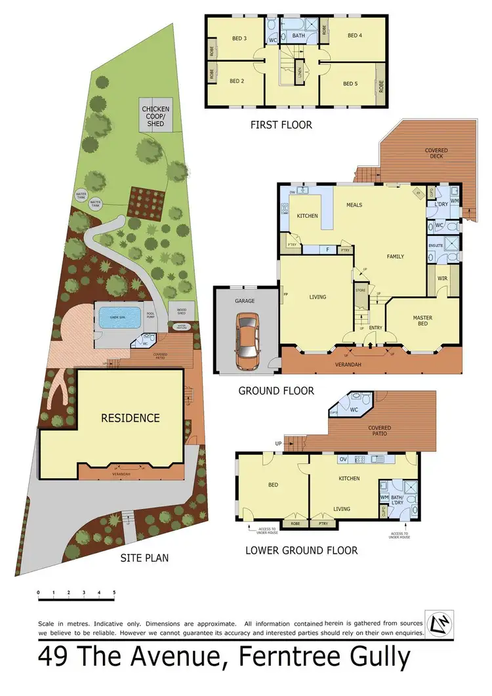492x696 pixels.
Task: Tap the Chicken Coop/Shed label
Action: coord(155,116)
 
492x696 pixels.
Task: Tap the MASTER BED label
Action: coord(422,321)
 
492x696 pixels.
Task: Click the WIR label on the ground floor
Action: coord(441,279)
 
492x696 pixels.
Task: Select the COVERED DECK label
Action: coord(436,154)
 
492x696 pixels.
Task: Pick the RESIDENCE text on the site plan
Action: coord(130,418)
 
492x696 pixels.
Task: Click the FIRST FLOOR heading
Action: coord(280,125)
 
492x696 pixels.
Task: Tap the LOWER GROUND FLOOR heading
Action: coord(301,550)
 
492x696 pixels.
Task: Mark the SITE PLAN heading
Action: coord(144,558)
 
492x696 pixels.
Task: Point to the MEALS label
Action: coord(354,205)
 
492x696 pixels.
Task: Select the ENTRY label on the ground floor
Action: coord(375,328)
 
